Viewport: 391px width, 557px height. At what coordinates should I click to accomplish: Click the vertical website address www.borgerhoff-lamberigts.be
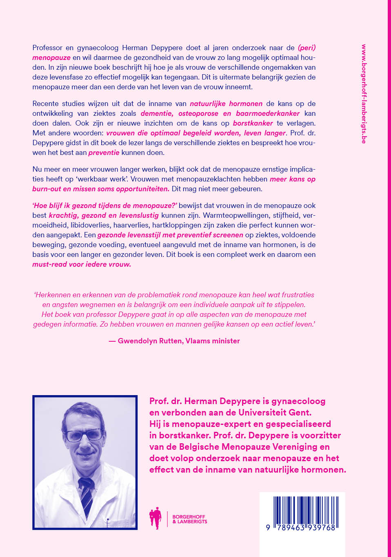364,94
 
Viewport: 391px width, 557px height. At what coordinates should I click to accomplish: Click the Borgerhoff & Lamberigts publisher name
189,519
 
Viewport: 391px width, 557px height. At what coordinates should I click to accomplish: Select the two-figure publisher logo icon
156,518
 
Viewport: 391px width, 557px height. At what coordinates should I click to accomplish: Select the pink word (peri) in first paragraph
307,48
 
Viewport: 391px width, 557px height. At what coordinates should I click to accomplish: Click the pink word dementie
157,113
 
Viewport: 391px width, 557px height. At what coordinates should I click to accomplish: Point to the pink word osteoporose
198,113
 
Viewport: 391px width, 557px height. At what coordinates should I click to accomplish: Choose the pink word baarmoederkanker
267,113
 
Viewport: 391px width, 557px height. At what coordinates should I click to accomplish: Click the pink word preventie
104,153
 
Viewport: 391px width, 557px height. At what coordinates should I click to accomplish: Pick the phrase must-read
50,264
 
